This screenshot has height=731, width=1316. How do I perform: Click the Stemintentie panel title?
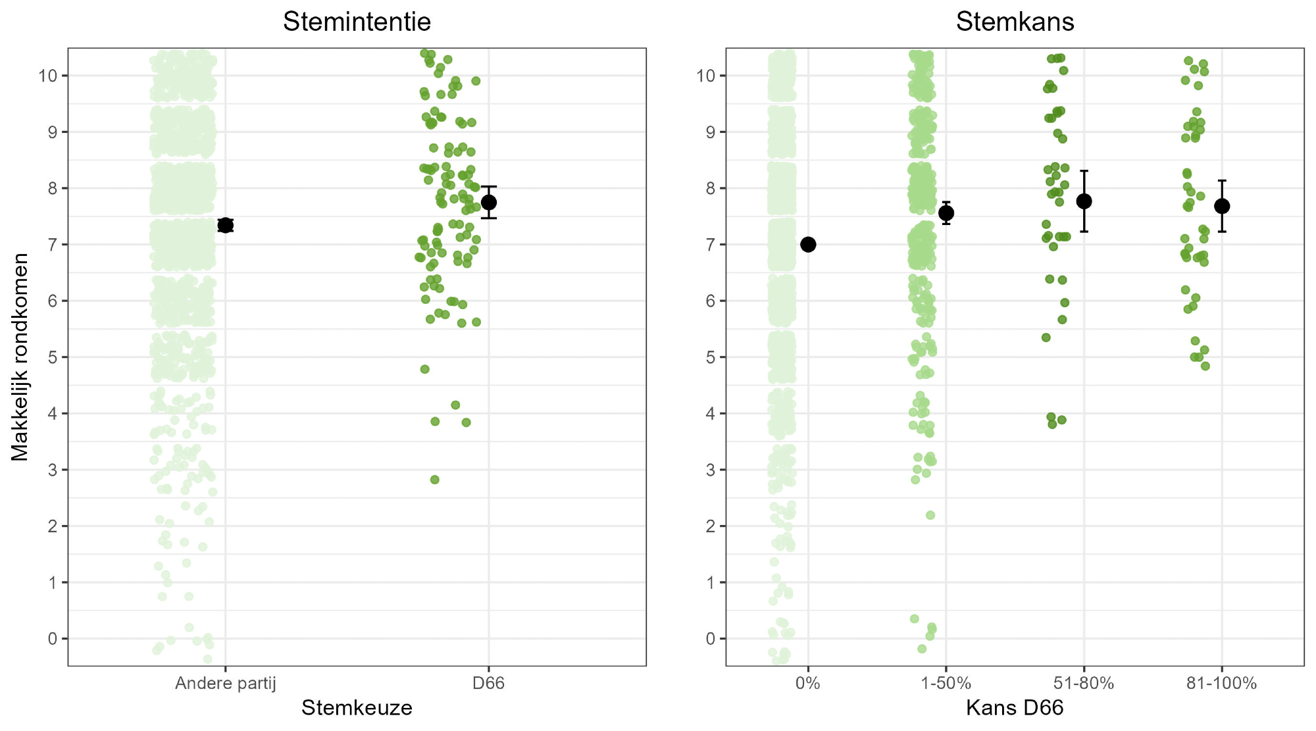357,22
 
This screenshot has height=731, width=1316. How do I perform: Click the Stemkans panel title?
1015,22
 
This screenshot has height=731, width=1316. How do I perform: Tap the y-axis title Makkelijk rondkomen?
20,357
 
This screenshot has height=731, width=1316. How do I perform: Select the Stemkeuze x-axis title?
357,708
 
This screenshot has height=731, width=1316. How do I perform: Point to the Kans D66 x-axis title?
1015,708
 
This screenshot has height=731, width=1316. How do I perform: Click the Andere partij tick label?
225,684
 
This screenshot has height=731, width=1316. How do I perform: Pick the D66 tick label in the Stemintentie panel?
488,684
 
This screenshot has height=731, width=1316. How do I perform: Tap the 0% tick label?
807,684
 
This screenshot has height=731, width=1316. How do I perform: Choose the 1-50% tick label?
946,684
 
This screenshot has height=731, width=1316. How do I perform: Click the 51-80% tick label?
1084,684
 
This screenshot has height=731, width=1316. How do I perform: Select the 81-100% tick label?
1221,684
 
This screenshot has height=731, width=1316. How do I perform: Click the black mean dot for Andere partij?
225,225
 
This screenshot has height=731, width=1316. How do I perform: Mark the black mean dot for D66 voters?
488,202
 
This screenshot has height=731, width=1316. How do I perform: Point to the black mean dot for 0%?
808,245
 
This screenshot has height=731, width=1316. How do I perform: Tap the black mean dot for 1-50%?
946,213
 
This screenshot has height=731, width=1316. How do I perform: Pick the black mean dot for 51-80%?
1084,201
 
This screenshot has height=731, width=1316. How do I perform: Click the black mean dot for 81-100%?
1222,206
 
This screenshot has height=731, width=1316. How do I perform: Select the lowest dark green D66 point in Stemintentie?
434,480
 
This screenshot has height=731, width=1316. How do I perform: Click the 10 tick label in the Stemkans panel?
706,76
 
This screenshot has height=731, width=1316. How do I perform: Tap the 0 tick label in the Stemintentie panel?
53,639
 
